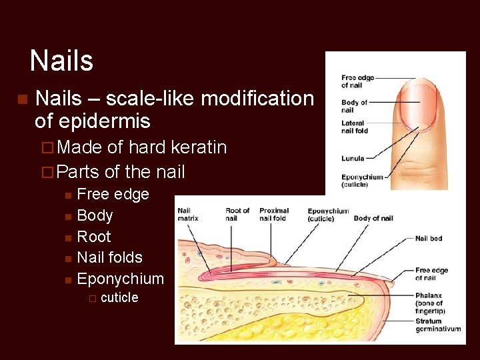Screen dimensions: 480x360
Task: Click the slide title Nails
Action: (x=61, y=61)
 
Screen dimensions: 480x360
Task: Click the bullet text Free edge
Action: (x=113, y=195)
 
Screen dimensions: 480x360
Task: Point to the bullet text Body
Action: (x=95, y=215)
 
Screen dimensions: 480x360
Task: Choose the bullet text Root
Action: (x=94, y=237)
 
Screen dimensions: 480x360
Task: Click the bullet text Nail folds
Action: (x=110, y=257)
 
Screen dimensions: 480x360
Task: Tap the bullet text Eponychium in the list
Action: (x=120, y=279)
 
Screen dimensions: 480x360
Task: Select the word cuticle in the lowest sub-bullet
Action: (x=119, y=297)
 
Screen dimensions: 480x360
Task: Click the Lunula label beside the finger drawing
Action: (x=353, y=158)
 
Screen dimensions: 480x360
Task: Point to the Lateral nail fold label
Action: (x=355, y=127)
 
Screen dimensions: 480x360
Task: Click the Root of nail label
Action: (x=237, y=215)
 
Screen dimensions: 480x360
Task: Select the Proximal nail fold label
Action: (x=274, y=215)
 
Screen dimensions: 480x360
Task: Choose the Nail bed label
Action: (x=429, y=239)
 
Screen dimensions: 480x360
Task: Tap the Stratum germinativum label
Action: (x=438, y=325)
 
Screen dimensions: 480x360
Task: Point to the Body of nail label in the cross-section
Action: (x=373, y=219)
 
